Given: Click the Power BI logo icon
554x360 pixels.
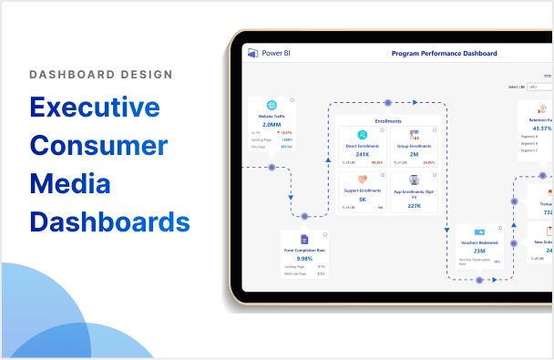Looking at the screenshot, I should coord(252,54).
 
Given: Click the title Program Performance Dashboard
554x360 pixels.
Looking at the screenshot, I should coord(445,54).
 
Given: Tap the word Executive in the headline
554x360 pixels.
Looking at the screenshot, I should coord(95,108).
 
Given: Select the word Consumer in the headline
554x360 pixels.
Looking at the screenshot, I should coord(98,146).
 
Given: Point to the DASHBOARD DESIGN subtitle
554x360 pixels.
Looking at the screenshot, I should coord(101,75).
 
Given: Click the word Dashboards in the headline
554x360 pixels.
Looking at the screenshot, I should coord(109,221).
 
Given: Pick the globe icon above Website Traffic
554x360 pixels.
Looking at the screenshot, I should coord(272,105).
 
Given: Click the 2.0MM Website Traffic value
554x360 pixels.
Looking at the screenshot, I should coord(272,124).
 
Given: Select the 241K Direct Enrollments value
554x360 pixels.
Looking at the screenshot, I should coord(363,154).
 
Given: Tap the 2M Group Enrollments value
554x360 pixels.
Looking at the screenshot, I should coord(414,154).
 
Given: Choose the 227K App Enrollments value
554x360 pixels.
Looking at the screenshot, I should coord(414,206).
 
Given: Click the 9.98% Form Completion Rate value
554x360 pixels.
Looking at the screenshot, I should coord(303,258).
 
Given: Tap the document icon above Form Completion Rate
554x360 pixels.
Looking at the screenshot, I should coord(303,239).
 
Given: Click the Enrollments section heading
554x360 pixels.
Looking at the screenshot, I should coord(388,120).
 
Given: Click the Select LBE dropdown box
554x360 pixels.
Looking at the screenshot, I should coord(539,87).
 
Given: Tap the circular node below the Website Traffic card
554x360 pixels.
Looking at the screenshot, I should coord(271,168).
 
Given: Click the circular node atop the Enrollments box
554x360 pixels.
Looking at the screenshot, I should coord(388,102).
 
